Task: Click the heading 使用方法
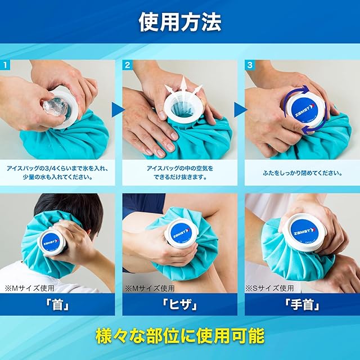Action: coord(180,22)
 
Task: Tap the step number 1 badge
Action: coord(5,65)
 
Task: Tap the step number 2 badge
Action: coord(128,65)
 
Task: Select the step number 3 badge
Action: coord(250,65)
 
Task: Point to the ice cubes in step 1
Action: coord(55,108)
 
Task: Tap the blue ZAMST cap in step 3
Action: coord(304,109)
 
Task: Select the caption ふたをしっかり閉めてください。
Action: coord(303,173)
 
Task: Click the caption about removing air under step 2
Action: coord(180,173)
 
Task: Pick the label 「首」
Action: coord(57,305)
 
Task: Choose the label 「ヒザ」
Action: coord(180,305)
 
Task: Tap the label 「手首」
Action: coord(302,305)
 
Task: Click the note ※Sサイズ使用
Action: coord(269,288)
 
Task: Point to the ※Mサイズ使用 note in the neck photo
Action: coord(29,288)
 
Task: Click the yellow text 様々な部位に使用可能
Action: coord(180,336)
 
